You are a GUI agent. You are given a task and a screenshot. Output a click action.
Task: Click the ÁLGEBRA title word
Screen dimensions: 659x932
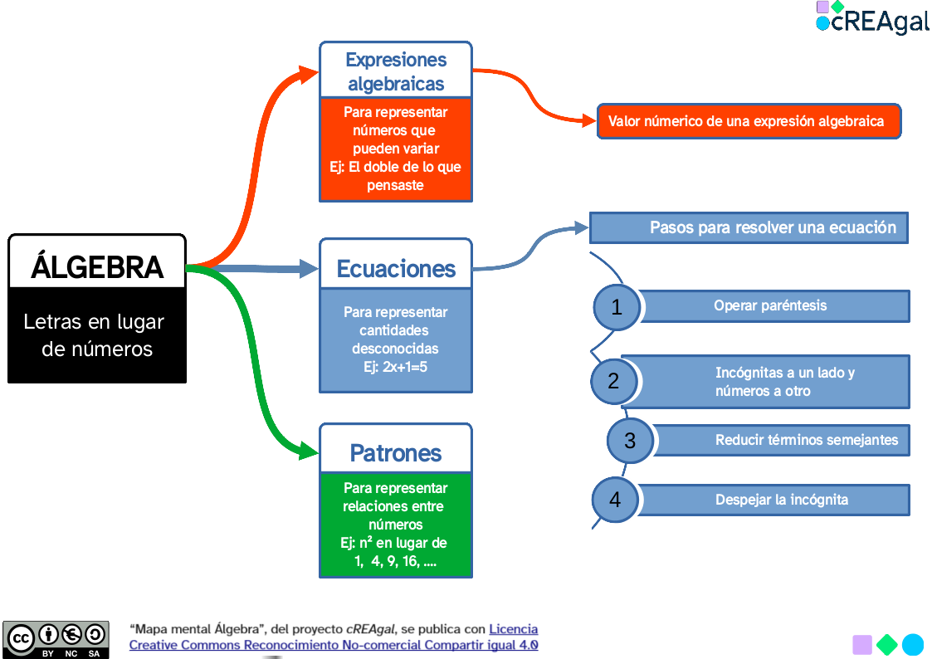97,267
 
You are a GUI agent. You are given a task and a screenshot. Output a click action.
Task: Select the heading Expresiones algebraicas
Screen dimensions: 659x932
396,71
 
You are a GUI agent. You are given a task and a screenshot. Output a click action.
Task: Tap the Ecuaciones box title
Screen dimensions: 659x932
396,268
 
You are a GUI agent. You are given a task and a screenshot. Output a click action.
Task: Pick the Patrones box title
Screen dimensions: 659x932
396,453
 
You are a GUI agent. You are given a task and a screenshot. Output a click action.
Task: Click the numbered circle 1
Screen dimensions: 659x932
617,307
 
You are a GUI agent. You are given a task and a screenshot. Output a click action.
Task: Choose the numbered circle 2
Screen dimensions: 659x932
614,382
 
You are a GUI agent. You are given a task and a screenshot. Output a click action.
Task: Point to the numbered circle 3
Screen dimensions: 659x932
630,440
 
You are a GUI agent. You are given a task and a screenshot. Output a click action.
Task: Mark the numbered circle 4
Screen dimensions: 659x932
615,500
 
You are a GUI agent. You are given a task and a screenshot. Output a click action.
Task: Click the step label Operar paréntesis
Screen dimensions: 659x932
770,305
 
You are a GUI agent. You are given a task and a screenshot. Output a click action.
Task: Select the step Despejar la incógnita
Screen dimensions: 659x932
782,500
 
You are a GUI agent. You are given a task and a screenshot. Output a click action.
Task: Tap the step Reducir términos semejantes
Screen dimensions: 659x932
807,440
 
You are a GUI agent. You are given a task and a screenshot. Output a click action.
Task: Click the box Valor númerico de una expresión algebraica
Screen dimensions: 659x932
748,121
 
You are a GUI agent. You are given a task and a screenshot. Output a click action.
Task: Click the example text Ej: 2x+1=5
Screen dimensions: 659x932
396,366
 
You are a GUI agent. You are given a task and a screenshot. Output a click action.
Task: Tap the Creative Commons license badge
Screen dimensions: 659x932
56,639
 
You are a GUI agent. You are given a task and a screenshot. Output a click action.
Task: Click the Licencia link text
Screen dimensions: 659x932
514,629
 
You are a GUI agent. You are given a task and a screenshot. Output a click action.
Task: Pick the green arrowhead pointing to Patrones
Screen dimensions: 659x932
308,453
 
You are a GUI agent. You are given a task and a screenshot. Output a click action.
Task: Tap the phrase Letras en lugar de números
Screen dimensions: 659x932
95,335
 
